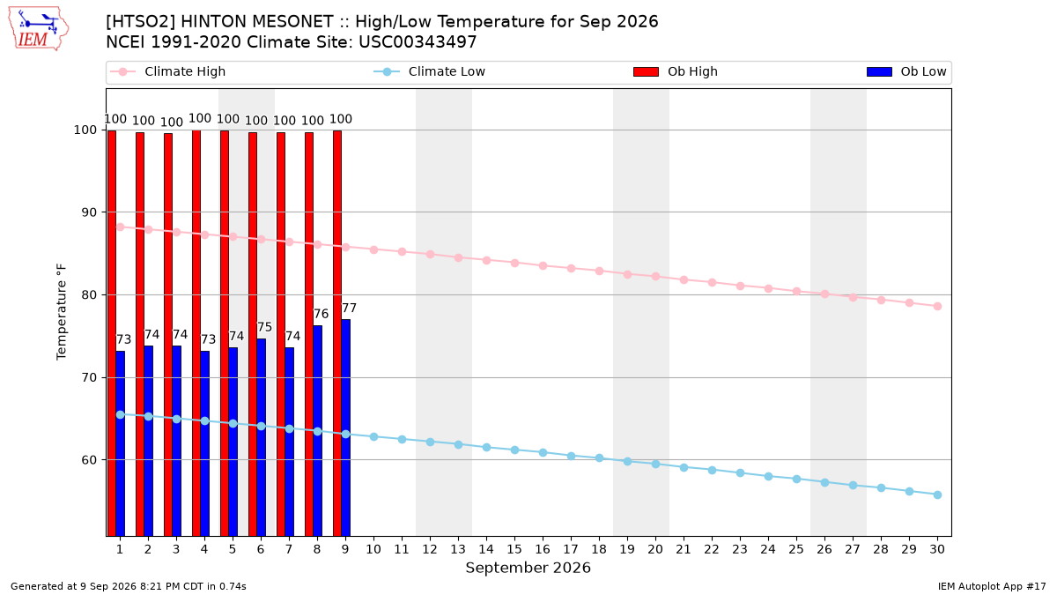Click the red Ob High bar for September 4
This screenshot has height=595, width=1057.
pyautogui.click(x=196, y=333)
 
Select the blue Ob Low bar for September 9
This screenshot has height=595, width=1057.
pyautogui.click(x=346, y=428)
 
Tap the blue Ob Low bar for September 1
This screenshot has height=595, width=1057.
pyautogui.click(x=121, y=443)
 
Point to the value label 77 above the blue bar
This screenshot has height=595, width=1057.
pyautogui.click(x=349, y=309)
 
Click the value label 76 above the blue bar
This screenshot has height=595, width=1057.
pyautogui.click(x=321, y=314)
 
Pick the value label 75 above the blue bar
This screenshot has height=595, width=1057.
pyautogui.click(x=265, y=327)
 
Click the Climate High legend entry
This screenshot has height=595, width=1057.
pyautogui.click(x=167, y=71)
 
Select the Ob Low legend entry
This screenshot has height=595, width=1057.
pyautogui.click(x=906, y=71)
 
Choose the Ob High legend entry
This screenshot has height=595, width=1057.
pyautogui.click(x=676, y=71)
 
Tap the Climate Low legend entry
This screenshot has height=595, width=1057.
pyautogui.click(x=430, y=71)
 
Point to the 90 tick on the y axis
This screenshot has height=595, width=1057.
pyautogui.click(x=89, y=212)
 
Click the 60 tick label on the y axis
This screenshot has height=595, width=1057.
pyautogui.click(x=89, y=460)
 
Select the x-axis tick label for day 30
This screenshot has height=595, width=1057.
pyautogui.click(x=937, y=549)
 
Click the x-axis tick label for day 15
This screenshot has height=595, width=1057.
pyautogui.click(x=514, y=549)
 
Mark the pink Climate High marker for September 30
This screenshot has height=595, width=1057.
pyautogui.click(x=937, y=307)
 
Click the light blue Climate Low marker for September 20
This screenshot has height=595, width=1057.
pyautogui.click(x=655, y=465)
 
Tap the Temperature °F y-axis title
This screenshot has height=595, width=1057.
pyautogui.click(x=62, y=312)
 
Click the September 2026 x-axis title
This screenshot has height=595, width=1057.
pyautogui.click(x=528, y=568)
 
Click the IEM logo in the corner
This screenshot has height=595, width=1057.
pyautogui.click(x=38, y=29)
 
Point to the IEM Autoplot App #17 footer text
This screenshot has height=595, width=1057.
pyautogui.click(x=992, y=586)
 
